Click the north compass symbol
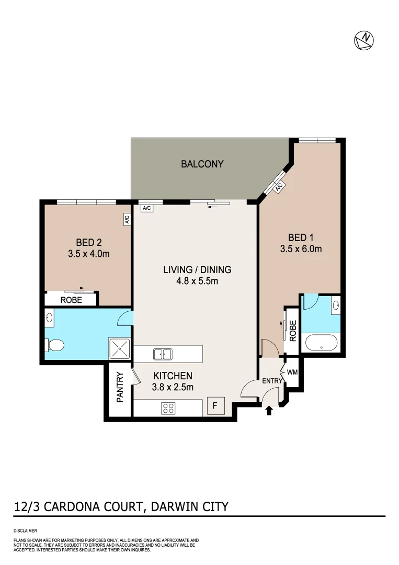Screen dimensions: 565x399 [364, 40]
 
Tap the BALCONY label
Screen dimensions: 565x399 [202, 164]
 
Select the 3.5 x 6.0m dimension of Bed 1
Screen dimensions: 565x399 [301, 249]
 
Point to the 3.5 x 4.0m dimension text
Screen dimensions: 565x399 [88, 254]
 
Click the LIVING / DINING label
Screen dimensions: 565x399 [197, 270]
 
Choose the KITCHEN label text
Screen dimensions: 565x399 [173, 376]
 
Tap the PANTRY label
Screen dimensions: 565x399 [120, 387]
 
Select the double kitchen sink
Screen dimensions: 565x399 [163, 354]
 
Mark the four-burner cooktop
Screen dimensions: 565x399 [168, 408]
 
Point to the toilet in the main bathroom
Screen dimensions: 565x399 [55, 345]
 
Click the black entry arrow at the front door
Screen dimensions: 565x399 [269, 411]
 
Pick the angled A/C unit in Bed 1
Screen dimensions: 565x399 [278, 186]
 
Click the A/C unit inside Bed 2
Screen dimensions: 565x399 [127, 219]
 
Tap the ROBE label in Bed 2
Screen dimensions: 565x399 [71, 300]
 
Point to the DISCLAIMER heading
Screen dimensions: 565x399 [26, 530]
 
